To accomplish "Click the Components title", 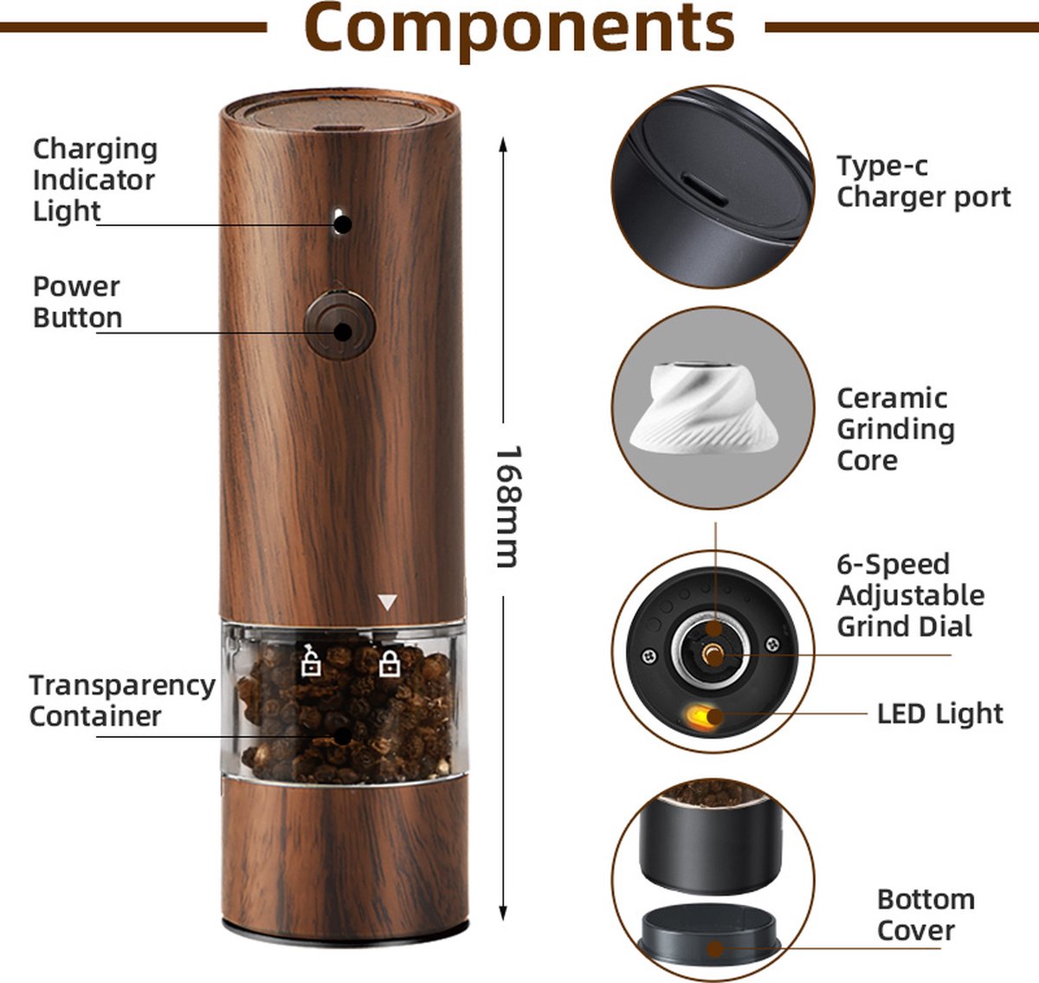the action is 519,29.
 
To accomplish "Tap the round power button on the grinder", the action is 339,327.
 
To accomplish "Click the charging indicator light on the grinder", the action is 339,221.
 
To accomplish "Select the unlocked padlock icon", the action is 311,660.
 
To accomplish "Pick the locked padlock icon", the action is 390,663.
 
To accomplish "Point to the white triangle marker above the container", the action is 387,603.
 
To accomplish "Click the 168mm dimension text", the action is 509,507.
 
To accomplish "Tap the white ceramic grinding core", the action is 703,408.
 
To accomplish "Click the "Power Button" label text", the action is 77,302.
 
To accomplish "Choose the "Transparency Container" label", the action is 122,702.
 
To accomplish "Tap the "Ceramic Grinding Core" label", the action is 896,430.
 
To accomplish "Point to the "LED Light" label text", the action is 940,714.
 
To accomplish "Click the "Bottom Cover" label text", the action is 926,915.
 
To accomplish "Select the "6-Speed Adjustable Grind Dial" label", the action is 911,595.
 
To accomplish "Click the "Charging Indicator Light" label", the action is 95,180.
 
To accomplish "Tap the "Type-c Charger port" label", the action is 923,182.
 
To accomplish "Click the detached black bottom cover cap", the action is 709,934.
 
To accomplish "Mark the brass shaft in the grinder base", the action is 712,654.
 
